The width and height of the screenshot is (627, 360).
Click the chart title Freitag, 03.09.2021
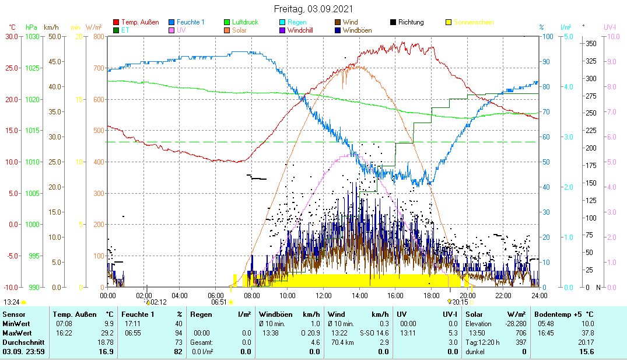point(313,9)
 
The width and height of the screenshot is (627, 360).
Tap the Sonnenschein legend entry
point(474,22)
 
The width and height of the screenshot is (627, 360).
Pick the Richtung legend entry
point(411,22)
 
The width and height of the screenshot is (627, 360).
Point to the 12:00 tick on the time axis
point(324,296)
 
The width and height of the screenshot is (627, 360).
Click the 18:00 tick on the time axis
point(432,296)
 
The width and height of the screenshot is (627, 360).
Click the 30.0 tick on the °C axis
point(12,36)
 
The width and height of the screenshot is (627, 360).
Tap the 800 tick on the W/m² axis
point(97,36)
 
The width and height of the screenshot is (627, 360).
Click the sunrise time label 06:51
point(219,302)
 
